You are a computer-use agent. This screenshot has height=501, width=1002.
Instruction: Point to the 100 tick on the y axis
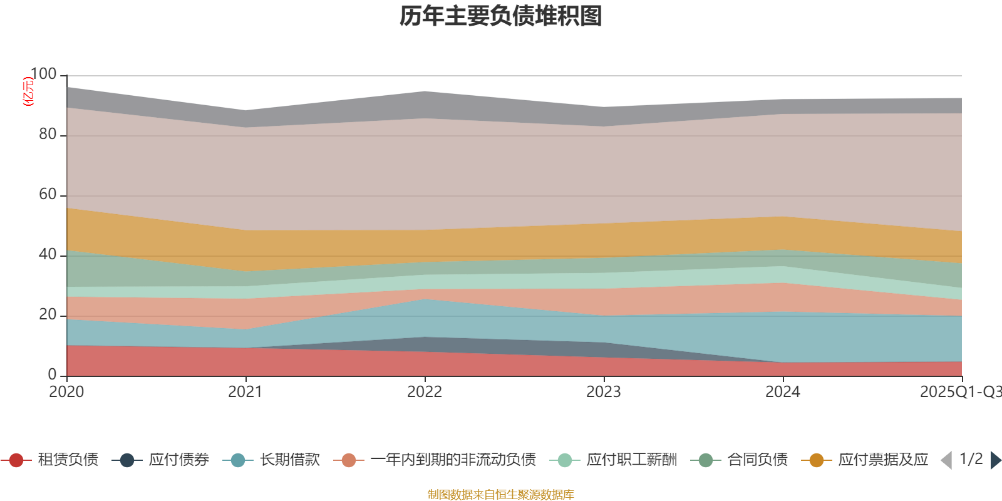coord(43,75)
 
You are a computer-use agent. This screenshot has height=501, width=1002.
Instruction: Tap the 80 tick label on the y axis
coord(48,135)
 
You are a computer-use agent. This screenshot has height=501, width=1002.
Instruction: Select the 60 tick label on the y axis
coord(48,195)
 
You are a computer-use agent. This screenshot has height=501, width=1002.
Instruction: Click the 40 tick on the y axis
coord(48,255)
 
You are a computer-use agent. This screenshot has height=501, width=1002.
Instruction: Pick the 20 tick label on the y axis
coord(48,315)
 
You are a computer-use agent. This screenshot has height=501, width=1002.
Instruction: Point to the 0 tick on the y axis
coord(52,374)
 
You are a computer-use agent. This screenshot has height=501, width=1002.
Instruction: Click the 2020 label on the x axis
coord(66,392)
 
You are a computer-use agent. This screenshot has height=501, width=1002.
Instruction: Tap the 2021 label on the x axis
coord(245,392)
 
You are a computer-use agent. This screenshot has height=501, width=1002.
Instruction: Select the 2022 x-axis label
coord(425,392)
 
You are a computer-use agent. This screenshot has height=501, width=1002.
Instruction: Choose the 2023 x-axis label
coord(604,392)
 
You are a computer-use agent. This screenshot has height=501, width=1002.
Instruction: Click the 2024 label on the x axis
coord(783,392)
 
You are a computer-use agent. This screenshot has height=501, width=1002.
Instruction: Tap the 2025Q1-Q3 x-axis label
coord(960,392)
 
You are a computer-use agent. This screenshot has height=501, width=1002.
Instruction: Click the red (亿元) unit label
coord(28,91)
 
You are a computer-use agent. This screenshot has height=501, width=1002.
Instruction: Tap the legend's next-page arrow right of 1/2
coord(995,460)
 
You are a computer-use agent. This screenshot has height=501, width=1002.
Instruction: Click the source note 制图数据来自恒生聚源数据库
coord(501,495)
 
